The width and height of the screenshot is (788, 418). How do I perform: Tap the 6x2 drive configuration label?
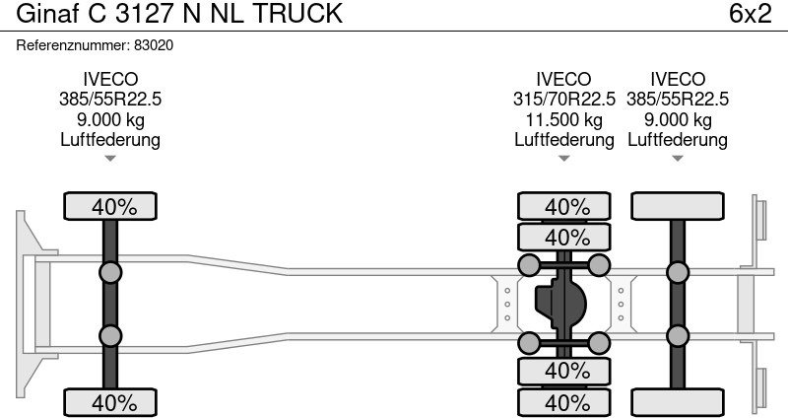pos(750,15)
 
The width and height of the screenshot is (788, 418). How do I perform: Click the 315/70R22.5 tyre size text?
pos(564,100)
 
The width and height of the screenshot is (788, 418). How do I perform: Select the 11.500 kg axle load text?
pos(564,119)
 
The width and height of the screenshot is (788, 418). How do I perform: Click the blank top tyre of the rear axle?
pos(678,207)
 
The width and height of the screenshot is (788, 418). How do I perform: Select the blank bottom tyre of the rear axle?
pos(678,402)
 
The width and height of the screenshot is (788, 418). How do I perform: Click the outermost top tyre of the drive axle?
pos(565,207)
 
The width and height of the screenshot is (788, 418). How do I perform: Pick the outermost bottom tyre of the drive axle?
pos(565,402)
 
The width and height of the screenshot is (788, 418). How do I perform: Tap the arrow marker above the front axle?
pos(110,158)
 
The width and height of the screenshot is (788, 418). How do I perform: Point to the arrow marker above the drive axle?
pos(564,158)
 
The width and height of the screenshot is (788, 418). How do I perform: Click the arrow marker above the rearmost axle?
pos(678,158)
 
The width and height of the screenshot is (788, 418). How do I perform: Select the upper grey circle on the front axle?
pos(110,272)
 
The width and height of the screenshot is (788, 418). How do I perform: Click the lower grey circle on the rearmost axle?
pos(677,337)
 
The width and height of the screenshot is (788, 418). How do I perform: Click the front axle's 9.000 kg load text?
pos(110,119)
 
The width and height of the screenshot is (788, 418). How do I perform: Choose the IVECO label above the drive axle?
pos(564,80)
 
